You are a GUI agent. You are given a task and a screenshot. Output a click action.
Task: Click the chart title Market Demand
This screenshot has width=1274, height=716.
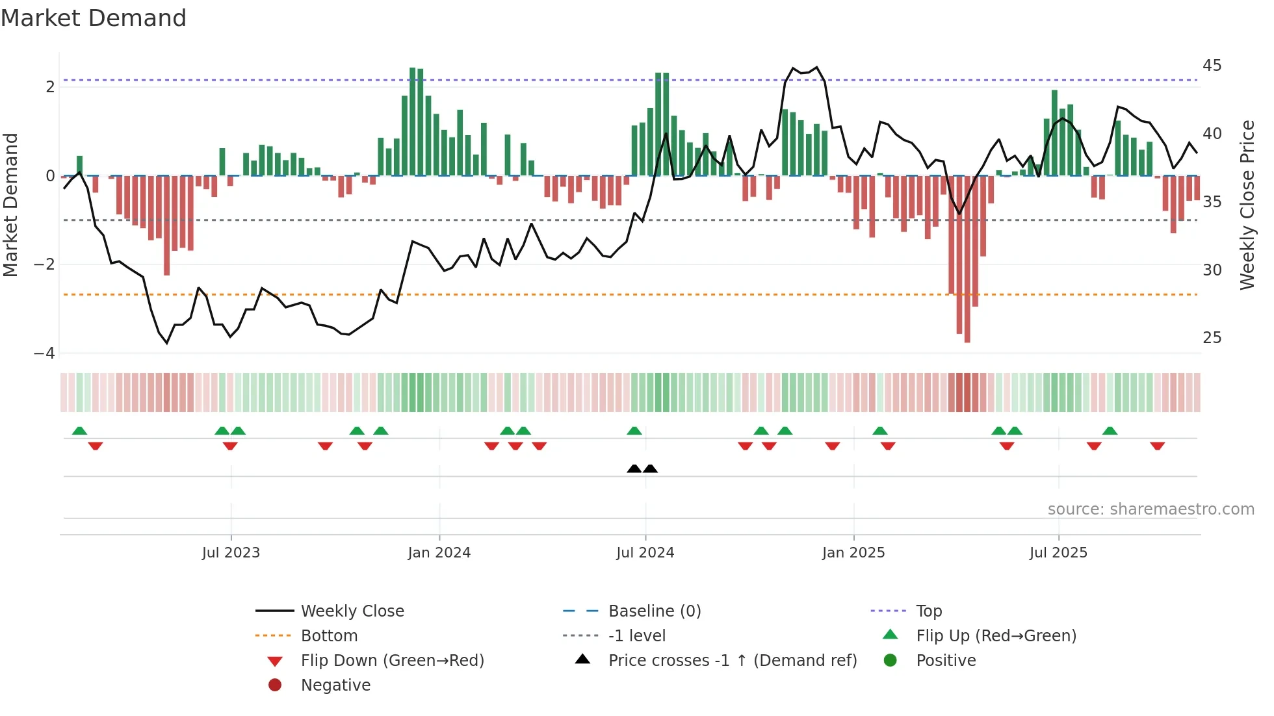[94, 18]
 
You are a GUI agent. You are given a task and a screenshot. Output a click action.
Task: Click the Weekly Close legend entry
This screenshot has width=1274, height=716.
[352, 611]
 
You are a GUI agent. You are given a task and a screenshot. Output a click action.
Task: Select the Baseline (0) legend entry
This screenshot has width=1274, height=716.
[654, 611]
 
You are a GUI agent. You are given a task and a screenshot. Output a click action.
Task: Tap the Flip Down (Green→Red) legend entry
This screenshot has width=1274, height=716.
[392, 661]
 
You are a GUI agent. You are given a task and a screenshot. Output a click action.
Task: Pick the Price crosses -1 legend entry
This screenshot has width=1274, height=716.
[732, 661]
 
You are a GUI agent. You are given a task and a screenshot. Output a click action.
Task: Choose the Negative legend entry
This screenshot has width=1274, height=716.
[335, 685]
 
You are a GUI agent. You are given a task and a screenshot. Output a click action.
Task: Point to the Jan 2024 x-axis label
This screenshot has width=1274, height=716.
[439, 553]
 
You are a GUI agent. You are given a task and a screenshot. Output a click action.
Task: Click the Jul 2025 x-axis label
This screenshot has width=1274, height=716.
[1058, 553]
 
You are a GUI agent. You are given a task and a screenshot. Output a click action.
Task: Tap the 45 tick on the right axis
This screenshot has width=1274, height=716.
[1212, 66]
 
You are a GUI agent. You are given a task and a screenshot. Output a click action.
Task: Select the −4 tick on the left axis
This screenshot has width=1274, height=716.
[44, 353]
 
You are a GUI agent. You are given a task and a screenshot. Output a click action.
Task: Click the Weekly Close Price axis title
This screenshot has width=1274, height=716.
[1247, 205]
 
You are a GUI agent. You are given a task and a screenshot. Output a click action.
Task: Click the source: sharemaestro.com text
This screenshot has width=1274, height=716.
[1150, 509]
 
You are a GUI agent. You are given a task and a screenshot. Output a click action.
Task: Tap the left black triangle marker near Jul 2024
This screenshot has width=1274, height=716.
[634, 468]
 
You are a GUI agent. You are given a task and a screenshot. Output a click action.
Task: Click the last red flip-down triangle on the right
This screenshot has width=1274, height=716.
[1157, 446]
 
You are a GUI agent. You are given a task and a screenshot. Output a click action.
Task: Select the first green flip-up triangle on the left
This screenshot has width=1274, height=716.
[79, 431]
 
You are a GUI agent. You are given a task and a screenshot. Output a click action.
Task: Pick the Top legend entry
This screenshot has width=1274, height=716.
[928, 611]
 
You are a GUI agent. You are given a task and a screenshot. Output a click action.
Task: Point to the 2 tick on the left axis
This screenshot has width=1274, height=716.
[50, 87]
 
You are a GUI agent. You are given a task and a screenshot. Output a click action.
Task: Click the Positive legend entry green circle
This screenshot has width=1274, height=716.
[890, 661]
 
